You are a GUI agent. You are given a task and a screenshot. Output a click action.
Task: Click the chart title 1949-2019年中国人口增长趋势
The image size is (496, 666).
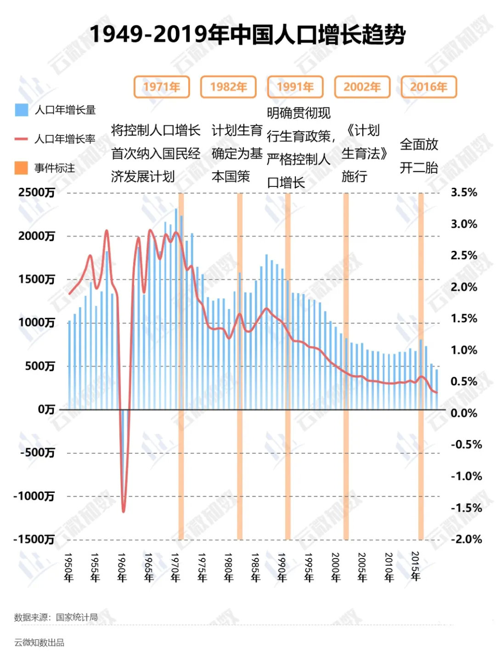[248, 34]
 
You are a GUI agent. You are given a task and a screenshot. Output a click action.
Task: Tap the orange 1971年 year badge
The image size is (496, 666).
[162, 87]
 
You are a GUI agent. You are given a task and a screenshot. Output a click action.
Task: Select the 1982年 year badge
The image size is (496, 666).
[228, 87]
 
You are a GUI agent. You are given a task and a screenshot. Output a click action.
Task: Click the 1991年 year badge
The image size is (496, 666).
[295, 87]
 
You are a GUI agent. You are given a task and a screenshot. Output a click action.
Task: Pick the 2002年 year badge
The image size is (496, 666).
[362, 87]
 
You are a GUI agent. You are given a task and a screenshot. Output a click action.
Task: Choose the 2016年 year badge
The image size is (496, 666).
[428, 87]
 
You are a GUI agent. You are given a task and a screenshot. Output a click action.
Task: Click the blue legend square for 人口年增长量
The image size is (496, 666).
[21, 110]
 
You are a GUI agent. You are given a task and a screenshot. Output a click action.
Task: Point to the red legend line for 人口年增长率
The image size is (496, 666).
[21, 139]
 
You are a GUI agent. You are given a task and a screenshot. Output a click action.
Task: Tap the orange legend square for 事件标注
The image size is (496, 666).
[21, 168]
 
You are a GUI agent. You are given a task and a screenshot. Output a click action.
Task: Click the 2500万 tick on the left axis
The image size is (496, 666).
[37, 192]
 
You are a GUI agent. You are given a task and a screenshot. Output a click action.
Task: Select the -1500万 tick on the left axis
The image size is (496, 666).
[34, 539]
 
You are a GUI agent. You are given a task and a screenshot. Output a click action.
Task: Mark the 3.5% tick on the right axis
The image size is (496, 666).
[464, 192]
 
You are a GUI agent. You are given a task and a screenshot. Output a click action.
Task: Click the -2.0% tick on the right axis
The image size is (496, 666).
[466, 539]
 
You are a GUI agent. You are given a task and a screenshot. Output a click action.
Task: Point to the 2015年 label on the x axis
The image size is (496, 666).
[415, 567]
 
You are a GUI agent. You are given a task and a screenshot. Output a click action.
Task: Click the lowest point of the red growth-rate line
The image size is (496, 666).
[124, 511]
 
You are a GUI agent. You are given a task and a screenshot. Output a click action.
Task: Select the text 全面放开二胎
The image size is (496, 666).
[419, 156]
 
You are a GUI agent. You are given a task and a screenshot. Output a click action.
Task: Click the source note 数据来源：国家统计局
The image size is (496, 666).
[56, 617]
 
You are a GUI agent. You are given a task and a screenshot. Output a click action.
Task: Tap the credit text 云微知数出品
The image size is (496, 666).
[39, 643]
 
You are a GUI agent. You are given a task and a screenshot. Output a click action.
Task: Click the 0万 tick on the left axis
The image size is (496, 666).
[46, 409]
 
